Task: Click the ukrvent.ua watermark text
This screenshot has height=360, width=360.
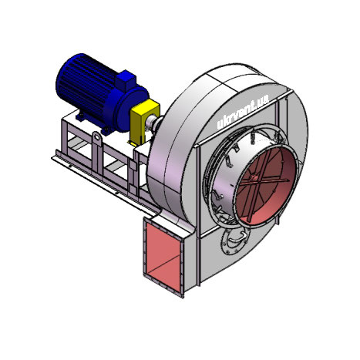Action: (243, 112)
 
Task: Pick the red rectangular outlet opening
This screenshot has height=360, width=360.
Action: (163, 257)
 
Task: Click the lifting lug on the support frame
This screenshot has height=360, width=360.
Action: (97, 138)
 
